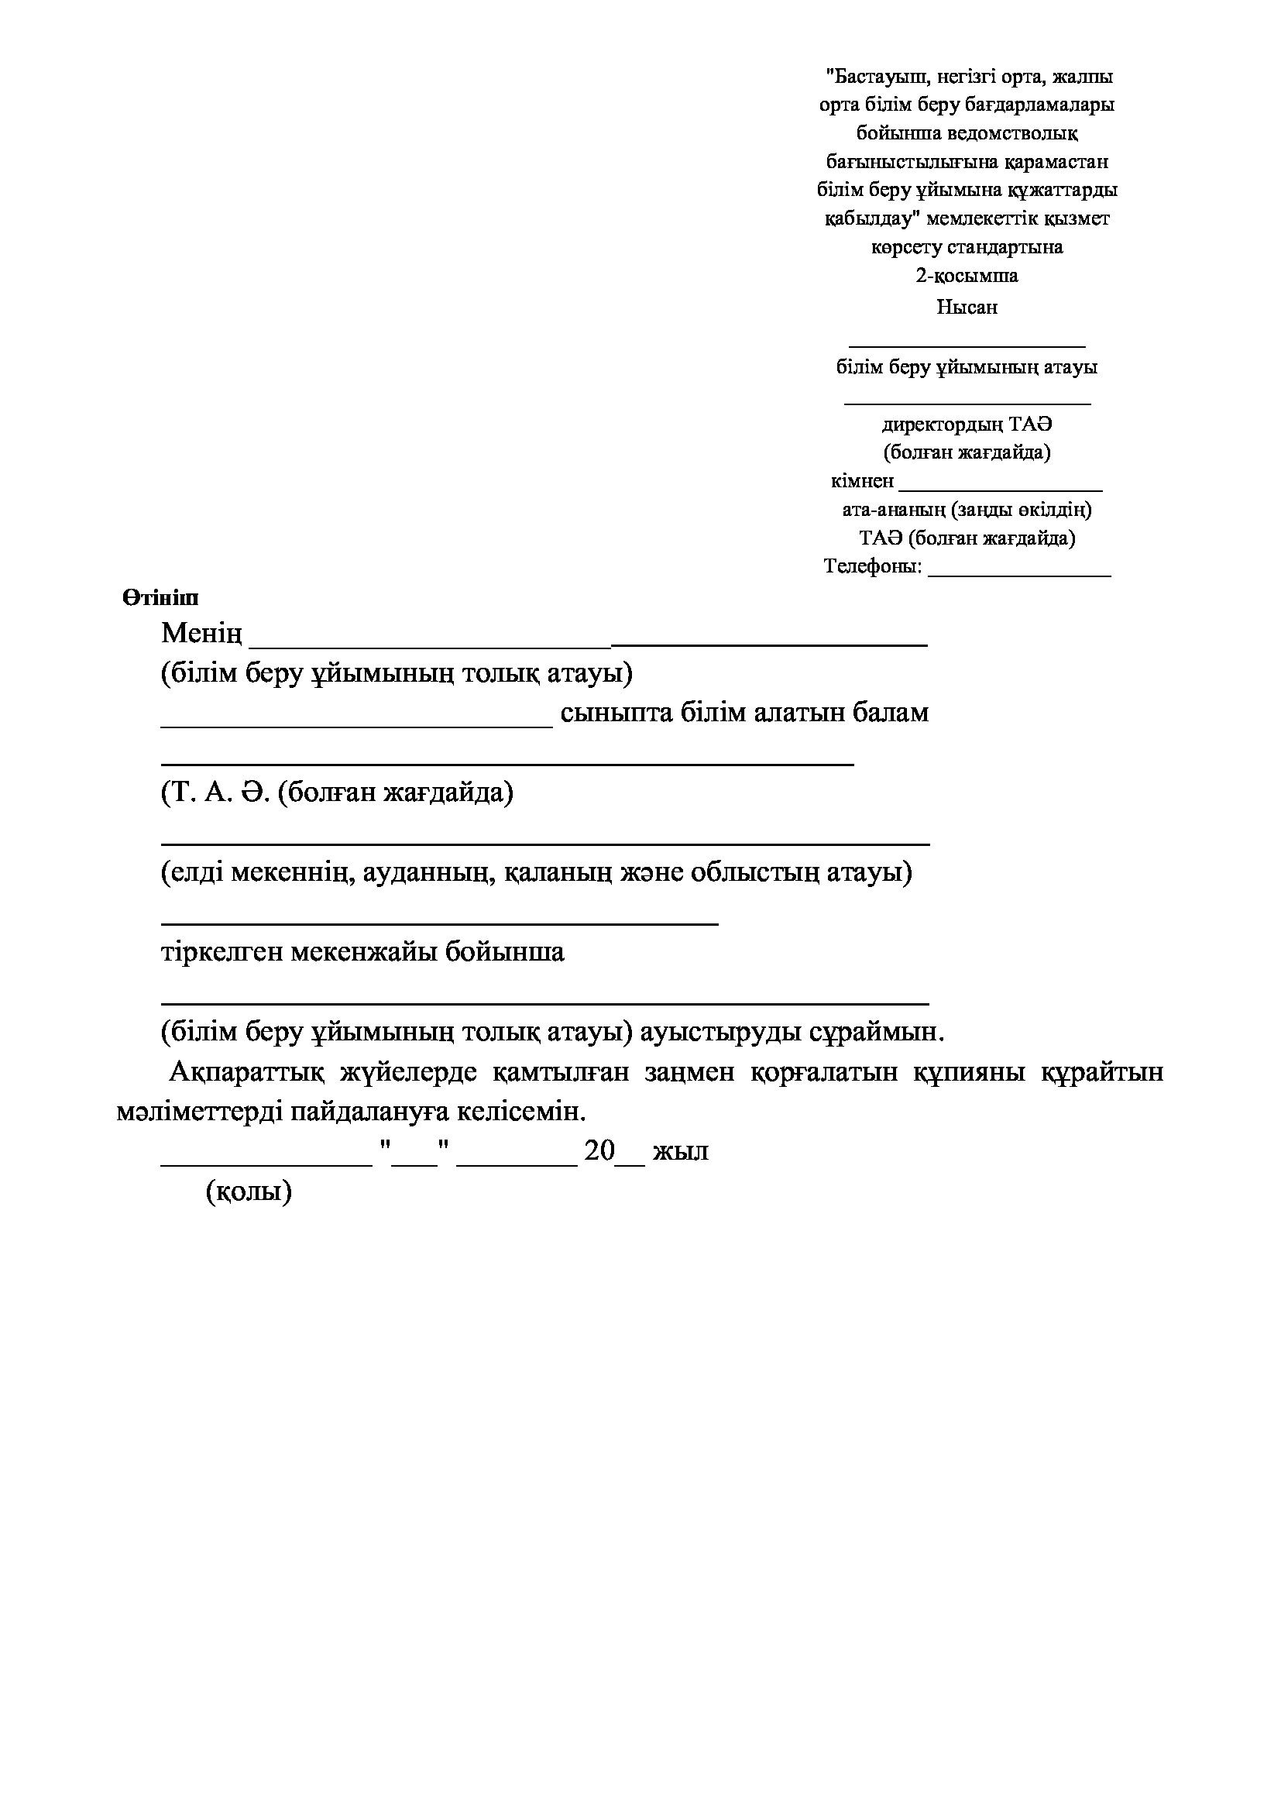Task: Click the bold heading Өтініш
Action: tap(160, 598)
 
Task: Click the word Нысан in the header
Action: tap(967, 307)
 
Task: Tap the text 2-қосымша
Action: tap(967, 276)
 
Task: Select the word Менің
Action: tap(201, 634)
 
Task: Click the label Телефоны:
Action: tap(872, 566)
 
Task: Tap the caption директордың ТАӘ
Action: tap(967, 425)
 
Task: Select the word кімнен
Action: tap(862, 480)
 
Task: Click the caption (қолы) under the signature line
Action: tap(249, 1191)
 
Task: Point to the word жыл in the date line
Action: tap(680, 1151)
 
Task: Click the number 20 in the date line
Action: tap(599, 1151)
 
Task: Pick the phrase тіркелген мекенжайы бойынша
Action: tap(362, 952)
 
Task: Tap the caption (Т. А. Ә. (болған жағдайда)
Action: tap(337, 793)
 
